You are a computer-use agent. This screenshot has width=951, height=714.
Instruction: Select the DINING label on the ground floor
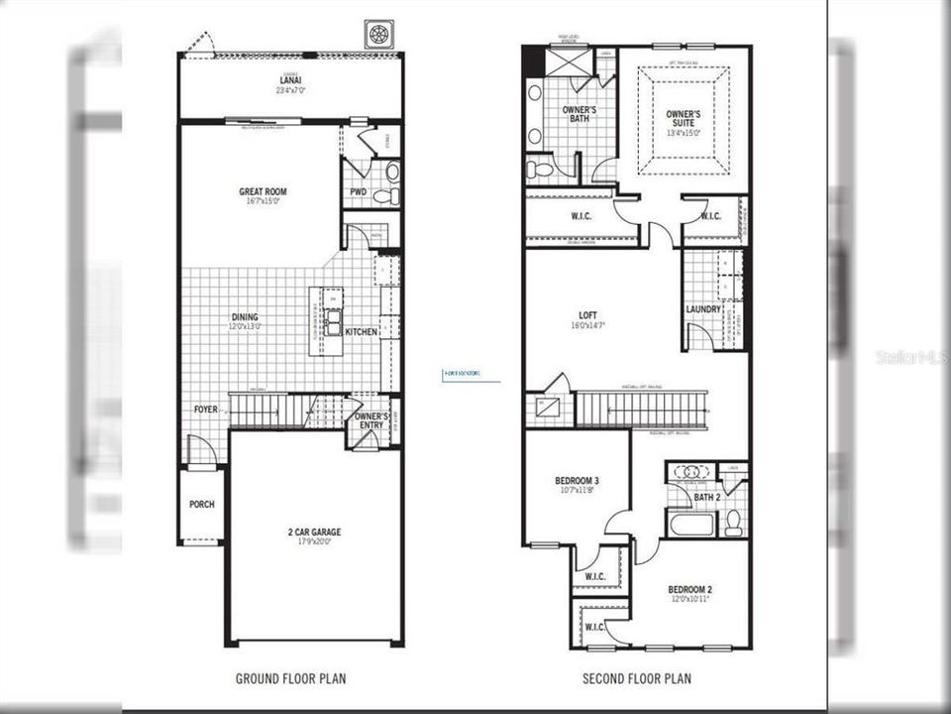click(244, 317)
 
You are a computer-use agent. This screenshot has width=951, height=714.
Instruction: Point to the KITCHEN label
click(361, 331)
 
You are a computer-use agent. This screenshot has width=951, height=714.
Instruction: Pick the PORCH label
click(201, 504)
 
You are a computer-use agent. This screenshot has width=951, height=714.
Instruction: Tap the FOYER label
click(205, 409)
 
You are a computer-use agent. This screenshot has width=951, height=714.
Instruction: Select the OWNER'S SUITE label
click(683, 118)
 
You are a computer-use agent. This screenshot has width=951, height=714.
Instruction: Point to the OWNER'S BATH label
click(579, 114)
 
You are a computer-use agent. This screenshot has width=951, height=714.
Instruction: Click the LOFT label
click(588, 315)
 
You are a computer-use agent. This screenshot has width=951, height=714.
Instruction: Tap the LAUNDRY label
click(702, 309)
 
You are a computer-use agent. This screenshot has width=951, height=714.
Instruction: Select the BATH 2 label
click(706, 497)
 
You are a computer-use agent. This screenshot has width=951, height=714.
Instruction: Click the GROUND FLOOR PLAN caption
click(290, 679)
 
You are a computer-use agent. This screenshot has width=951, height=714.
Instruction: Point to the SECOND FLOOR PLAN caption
click(637, 679)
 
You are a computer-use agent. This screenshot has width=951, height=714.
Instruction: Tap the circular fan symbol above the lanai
click(377, 33)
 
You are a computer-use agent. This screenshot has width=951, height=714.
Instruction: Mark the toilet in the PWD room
click(392, 173)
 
